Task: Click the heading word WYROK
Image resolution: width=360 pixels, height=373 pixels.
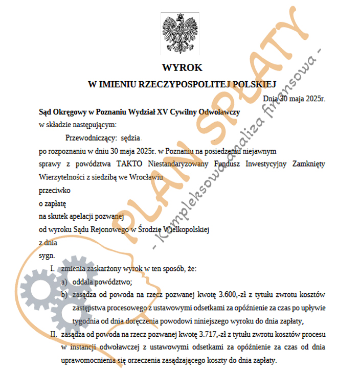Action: point(182,67)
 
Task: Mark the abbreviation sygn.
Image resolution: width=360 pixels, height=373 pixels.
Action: point(47,256)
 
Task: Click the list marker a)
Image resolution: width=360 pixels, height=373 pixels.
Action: point(64,282)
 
